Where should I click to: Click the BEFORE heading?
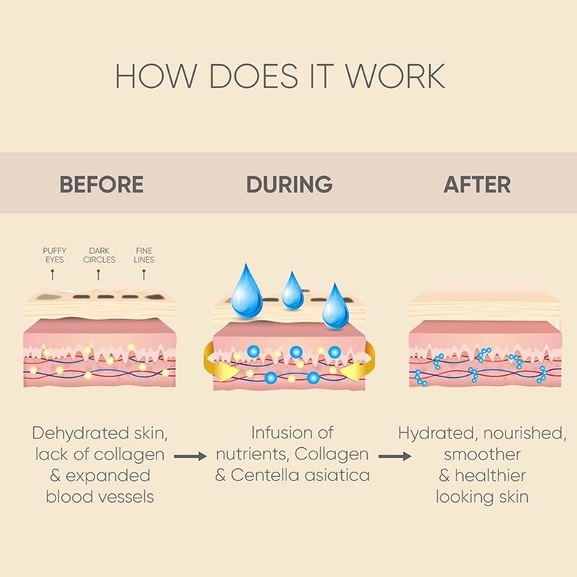(x=101, y=184)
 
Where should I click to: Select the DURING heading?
(x=289, y=184)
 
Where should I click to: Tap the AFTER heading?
(x=477, y=184)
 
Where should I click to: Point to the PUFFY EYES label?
(x=54, y=255)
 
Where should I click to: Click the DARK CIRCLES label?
(x=99, y=255)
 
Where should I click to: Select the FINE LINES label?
(x=144, y=255)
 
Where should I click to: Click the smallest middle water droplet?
(x=293, y=291)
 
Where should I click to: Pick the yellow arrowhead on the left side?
(x=221, y=370)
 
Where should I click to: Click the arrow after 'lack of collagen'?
(x=190, y=456)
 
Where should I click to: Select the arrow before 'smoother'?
(x=396, y=456)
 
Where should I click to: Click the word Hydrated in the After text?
(x=434, y=433)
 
